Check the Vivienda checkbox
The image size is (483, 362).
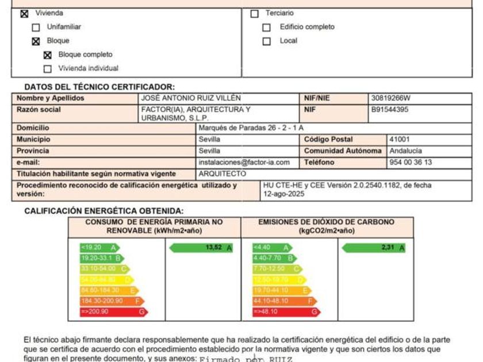(24, 13)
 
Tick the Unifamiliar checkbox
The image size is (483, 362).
(36, 27)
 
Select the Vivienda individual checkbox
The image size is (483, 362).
(48, 69)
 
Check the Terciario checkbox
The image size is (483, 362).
(255, 13)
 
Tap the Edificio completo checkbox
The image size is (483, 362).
(266, 27)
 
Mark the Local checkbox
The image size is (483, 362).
(266, 41)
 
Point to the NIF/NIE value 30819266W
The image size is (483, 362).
(390, 98)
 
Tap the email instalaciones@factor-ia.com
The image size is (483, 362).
(244, 163)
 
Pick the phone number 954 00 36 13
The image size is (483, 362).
(410, 163)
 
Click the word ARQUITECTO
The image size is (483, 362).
(222, 174)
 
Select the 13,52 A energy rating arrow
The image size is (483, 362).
(201, 248)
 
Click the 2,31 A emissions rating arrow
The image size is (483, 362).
(373, 248)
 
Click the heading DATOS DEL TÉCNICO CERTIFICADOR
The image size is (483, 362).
(99, 87)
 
